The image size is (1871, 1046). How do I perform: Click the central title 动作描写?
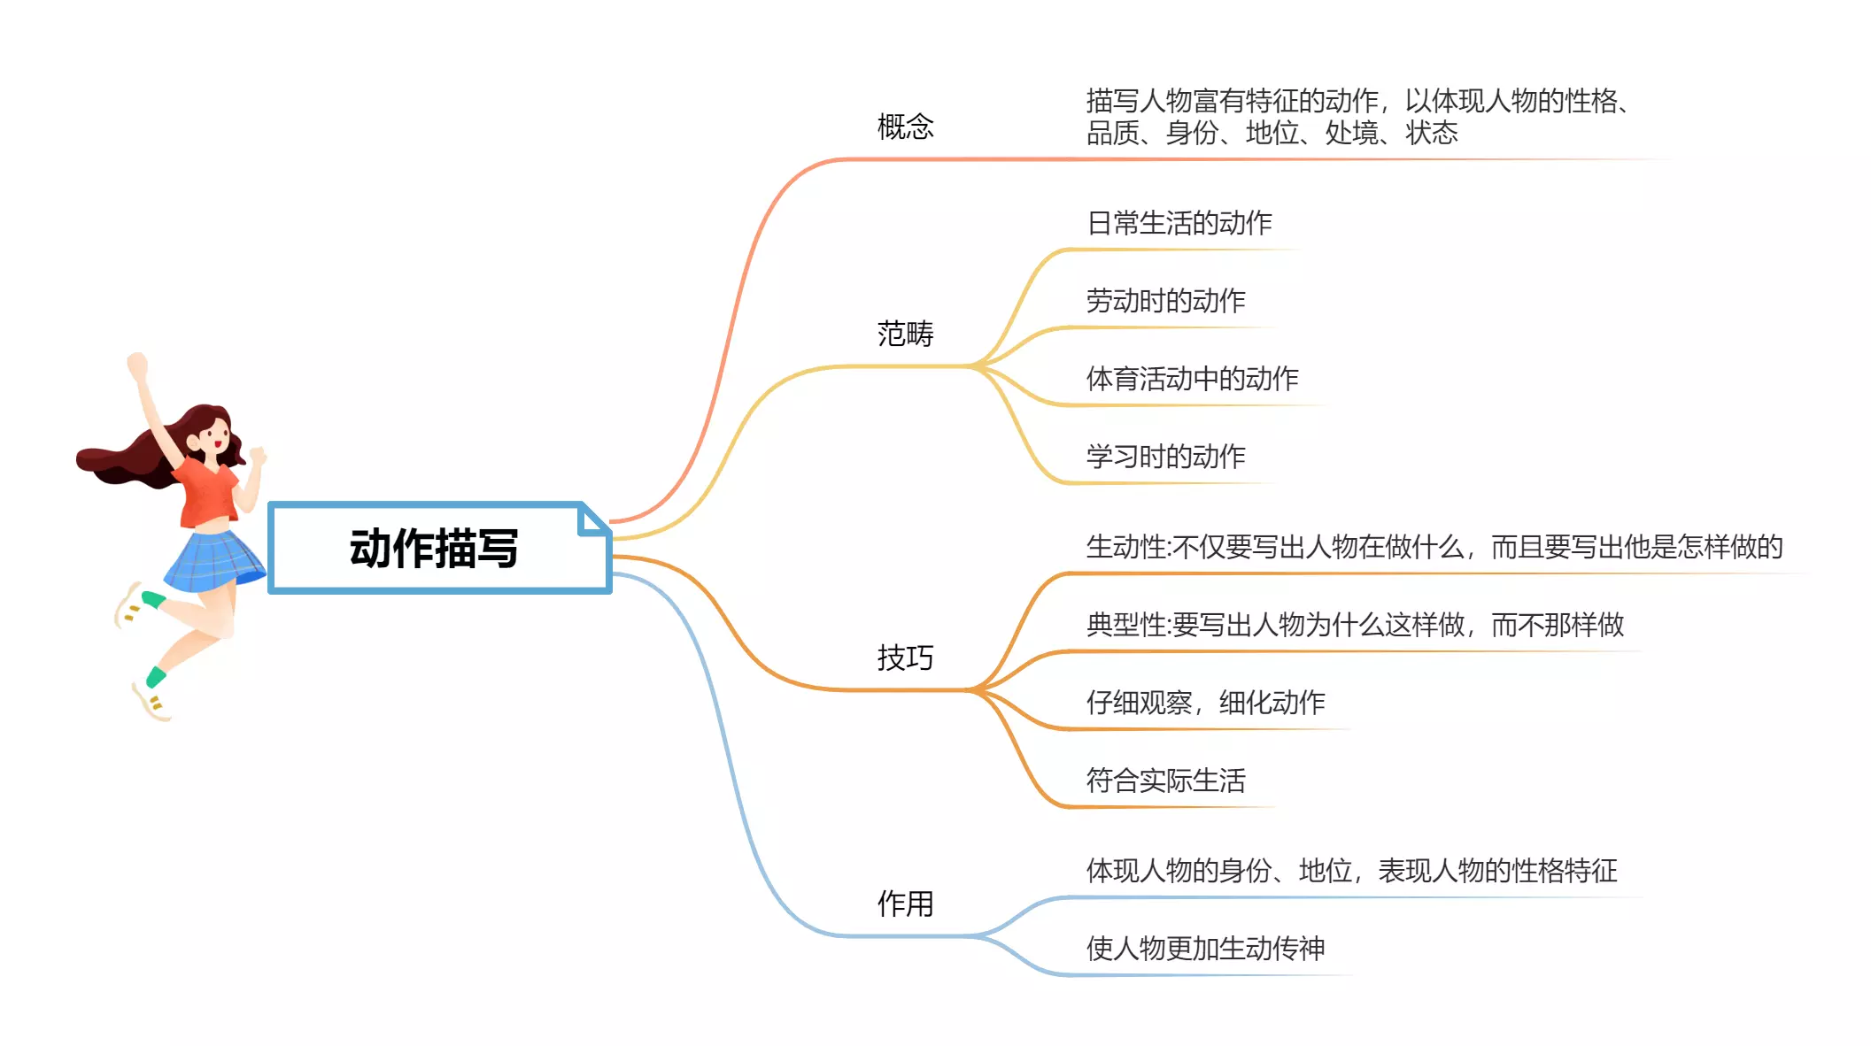(x=434, y=549)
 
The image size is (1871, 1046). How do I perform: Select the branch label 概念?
(x=905, y=127)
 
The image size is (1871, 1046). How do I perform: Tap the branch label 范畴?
(x=905, y=334)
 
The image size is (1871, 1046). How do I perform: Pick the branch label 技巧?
(x=905, y=658)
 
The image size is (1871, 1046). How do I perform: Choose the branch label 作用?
(x=905, y=904)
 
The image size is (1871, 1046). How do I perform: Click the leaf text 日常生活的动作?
(x=1179, y=223)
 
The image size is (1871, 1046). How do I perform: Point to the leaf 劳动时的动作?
(x=1165, y=301)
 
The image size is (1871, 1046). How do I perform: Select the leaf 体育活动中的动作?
(x=1192, y=379)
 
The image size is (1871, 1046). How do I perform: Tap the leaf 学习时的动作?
(x=1165, y=457)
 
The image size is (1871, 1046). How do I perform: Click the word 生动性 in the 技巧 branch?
(x=1125, y=547)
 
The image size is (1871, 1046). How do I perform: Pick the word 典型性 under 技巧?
(x=1125, y=625)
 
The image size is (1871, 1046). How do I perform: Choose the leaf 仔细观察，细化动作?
(x=1205, y=703)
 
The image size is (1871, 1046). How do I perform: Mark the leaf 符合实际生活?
(x=1165, y=781)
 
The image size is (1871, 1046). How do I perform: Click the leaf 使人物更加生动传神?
(x=1205, y=949)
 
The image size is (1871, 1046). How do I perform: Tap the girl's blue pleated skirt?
(x=213, y=562)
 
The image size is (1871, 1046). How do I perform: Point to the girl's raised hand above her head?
(x=137, y=365)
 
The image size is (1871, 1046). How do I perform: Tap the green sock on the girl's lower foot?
(x=157, y=677)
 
